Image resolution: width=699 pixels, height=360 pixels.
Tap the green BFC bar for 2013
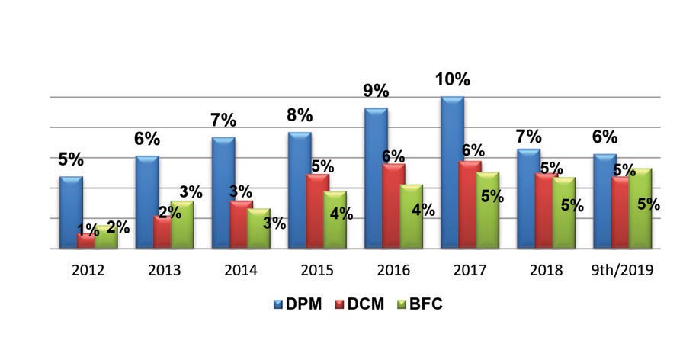[x=183, y=225]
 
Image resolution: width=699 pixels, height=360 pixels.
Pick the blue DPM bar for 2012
[x=71, y=213]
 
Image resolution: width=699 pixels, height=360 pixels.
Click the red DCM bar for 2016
[x=393, y=207]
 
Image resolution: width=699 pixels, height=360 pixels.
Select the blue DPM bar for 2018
[x=529, y=199]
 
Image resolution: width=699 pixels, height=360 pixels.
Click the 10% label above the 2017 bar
[x=452, y=80]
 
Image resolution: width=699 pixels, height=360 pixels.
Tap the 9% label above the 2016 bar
[x=376, y=91]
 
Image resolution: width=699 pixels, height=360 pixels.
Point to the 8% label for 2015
[x=300, y=115]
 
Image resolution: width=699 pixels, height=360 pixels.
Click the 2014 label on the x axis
[x=241, y=270]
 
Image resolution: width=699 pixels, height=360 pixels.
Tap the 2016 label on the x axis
[x=393, y=270]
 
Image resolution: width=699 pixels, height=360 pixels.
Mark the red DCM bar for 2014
[x=241, y=224]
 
